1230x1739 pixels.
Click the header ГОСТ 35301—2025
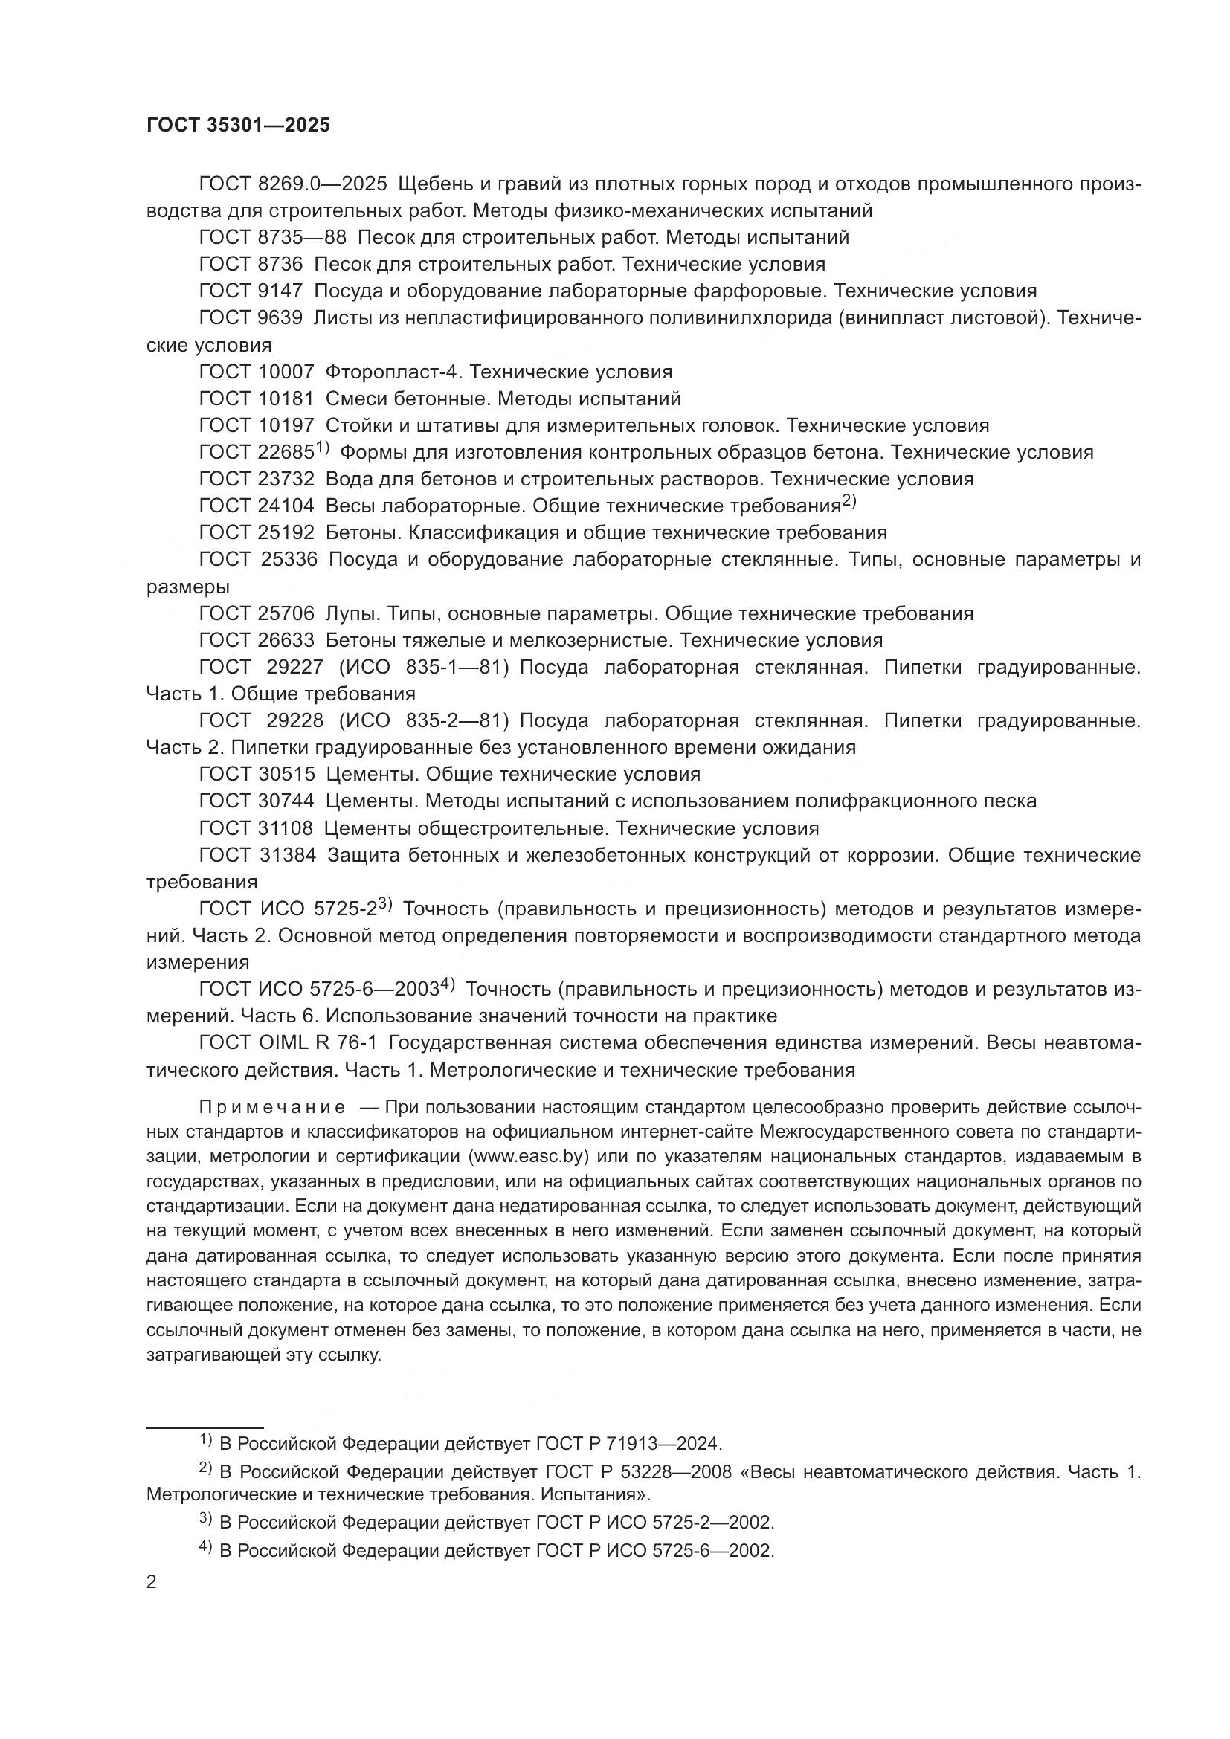pos(238,126)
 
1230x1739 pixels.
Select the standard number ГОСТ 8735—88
pos(272,238)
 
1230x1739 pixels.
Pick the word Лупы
pos(347,613)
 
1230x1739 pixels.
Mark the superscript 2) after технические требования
pos(849,501)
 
